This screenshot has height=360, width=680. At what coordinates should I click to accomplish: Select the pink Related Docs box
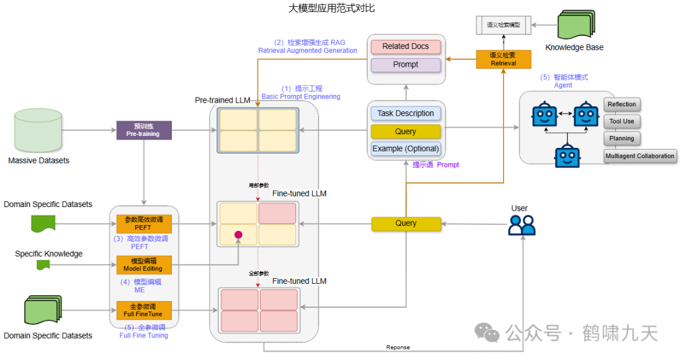tap(405, 47)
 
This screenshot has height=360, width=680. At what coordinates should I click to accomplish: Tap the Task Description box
tap(405, 113)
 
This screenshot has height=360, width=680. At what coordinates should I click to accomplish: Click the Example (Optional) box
tap(405, 149)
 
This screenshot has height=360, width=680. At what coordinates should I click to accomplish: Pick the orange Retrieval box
tap(503, 59)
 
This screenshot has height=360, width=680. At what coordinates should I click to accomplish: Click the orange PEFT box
tap(144, 223)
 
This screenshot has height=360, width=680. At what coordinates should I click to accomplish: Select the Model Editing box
tap(144, 264)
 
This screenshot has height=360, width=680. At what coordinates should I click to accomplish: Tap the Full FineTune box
tap(144, 310)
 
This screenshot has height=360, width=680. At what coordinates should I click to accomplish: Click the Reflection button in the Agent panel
tap(621, 104)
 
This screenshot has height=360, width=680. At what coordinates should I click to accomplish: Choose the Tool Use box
tap(621, 121)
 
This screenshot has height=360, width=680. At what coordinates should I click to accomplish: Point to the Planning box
tap(621, 138)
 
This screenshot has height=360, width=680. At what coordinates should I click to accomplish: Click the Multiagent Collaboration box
tap(640, 156)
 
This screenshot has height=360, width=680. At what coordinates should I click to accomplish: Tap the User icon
tap(521, 225)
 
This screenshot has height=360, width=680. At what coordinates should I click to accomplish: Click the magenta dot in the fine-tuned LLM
tap(239, 235)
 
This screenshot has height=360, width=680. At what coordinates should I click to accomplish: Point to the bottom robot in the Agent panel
tap(567, 155)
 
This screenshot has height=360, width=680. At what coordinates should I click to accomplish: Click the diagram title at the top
tap(332, 8)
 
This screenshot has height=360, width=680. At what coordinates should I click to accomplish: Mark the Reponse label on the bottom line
tap(397, 347)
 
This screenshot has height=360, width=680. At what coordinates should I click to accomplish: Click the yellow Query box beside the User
tap(405, 223)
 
